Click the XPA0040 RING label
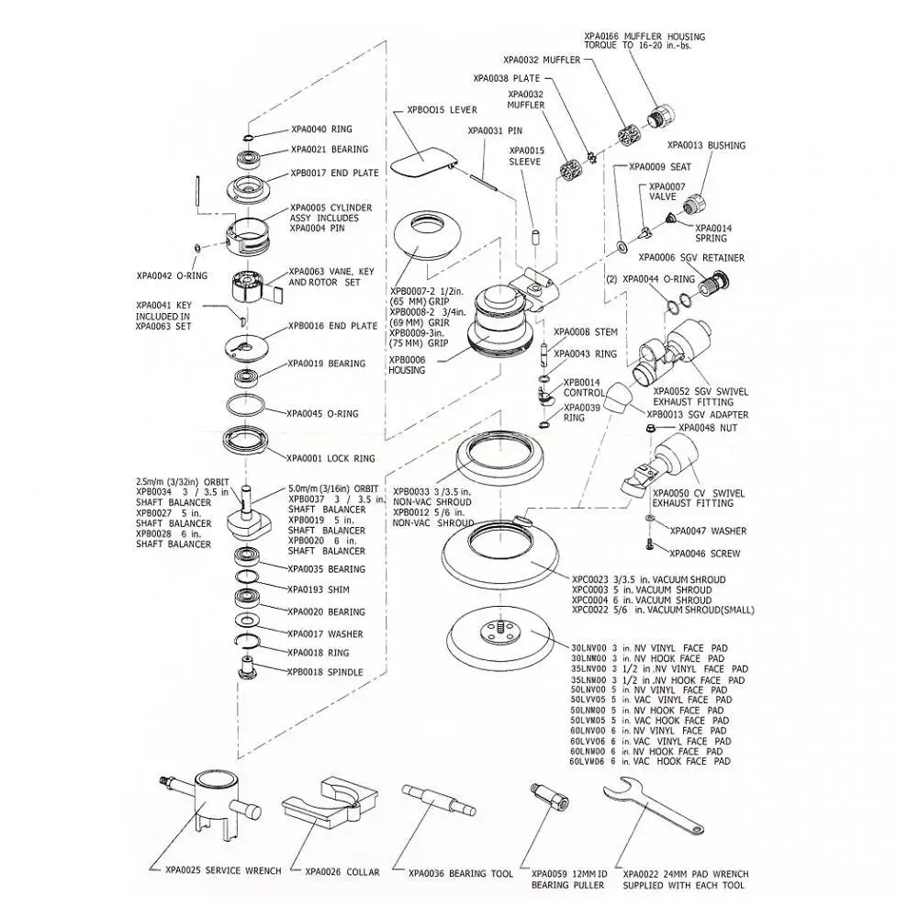[x=321, y=129]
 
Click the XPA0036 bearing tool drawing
[x=438, y=799]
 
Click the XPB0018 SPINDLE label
[x=325, y=672]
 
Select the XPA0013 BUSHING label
[x=706, y=145]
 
